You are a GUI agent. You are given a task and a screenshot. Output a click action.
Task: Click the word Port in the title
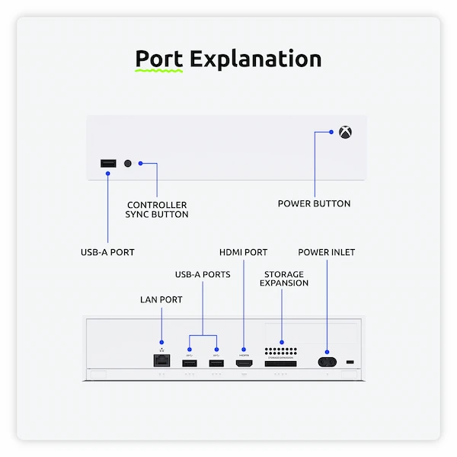[x=159, y=59]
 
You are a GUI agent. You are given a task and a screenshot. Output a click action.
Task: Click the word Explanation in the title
[x=255, y=59]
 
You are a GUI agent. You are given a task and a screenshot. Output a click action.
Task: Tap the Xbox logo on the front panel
[x=346, y=132]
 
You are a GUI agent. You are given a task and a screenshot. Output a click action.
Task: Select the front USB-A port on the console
[x=107, y=164]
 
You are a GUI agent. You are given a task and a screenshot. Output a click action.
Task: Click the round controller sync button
[x=128, y=164]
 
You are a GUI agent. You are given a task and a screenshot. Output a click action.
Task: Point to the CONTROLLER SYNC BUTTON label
[x=157, y=209]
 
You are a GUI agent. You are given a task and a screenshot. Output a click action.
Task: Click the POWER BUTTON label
[x=314, y=203]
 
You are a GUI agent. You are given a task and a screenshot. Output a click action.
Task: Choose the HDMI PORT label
[x=244, y=252]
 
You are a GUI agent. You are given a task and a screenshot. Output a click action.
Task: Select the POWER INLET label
[x=326, y=252]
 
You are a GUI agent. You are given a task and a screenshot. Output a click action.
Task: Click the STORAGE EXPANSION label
[x=284, y=278]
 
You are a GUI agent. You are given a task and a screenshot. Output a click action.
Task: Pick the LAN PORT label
[x=161, y=299]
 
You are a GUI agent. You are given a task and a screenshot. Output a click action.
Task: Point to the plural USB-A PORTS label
[x=203, y=274]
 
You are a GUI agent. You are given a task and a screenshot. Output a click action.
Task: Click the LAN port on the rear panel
[x=161, y=362]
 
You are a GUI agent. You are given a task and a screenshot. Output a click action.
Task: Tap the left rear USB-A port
[x=189, y=363]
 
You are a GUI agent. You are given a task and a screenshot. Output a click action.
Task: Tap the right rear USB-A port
[x=216, y=363]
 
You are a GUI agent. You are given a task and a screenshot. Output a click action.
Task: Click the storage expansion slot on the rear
[x=281, y=364]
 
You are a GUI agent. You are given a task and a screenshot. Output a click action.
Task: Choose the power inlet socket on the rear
[x=328, y=363]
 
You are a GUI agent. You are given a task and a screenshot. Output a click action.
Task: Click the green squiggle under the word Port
[x=159, y=71]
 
